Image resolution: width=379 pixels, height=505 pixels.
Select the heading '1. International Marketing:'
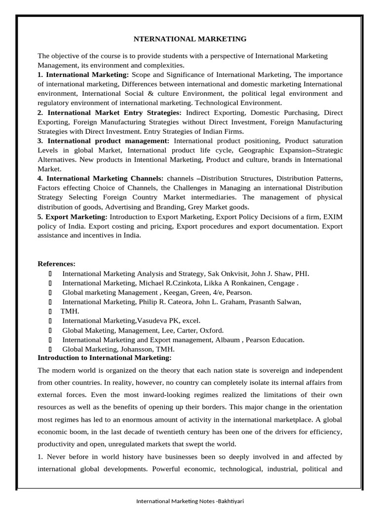click(x=83, y=74)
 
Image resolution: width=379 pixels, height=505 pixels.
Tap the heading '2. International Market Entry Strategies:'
click(x=110, y=113)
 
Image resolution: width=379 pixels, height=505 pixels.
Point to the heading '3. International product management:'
click(x=103, y=141)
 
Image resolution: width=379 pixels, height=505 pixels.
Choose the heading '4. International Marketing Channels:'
click(x=101, y=178)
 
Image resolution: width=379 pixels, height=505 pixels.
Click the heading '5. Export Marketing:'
click(x=73, y=216)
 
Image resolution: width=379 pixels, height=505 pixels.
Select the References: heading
click(x=56, y=264)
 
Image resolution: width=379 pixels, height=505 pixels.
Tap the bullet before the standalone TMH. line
click(x=50, y=312)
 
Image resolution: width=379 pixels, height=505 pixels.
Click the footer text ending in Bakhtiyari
click(x=189, y=501)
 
